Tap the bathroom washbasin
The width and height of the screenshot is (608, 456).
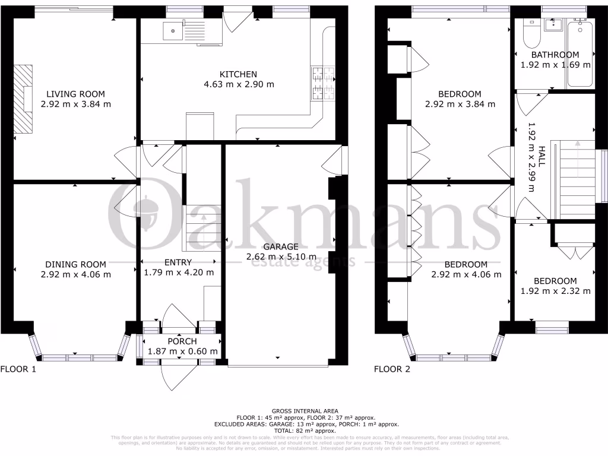click(556, 24)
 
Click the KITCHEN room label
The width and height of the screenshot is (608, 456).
click(238, 74)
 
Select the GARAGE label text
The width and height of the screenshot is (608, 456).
click(280, 246)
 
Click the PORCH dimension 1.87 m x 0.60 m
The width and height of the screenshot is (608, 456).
click(182, 351)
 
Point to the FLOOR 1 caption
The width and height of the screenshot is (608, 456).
click(18, 369)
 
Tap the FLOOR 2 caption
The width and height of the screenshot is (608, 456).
click(392, 369)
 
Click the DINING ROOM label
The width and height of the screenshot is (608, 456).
click(75, 264)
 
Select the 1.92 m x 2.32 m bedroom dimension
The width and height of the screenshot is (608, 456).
click(555, 291)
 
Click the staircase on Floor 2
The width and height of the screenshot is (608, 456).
click(573, 178)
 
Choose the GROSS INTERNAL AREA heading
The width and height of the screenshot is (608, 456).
click(304, 411)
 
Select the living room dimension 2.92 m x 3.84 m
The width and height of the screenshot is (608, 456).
click(76, 104)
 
